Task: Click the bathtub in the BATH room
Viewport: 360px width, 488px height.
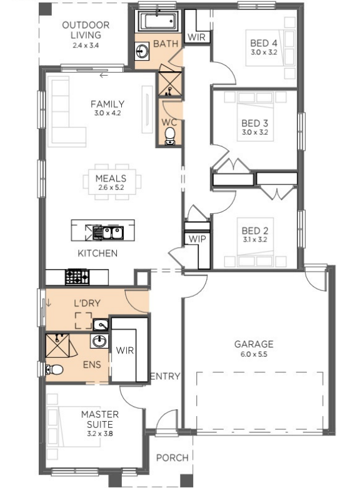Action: [158, 21]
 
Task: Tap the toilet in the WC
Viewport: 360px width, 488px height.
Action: [170, 136]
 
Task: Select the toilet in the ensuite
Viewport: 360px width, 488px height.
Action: [54, 369]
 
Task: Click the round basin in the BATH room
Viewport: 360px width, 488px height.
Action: [142, 51]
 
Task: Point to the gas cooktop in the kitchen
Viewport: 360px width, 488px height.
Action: [77, 277]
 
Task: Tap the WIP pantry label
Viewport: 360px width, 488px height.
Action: [197, 239]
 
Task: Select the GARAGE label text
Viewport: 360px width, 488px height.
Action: [254, 344]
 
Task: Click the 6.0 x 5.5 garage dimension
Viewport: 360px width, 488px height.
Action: [254, 354]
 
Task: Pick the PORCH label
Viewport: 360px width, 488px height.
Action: [172, 458]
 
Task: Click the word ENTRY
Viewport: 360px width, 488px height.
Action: [165, 376]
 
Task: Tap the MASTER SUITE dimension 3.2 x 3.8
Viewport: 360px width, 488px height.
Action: [100, 434]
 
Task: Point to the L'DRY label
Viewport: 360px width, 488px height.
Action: [87, 303]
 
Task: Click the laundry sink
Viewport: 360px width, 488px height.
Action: [101, 325]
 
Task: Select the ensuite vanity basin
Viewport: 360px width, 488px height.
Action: [99, 341]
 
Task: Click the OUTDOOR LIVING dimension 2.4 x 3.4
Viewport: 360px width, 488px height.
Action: [86, 45]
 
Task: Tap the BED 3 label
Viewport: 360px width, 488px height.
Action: [254, 123]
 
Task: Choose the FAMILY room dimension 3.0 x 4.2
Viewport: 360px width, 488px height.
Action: [107, 113]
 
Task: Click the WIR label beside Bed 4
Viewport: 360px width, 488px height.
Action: [196, 38]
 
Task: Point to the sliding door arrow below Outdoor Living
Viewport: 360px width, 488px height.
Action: [104, 75]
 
